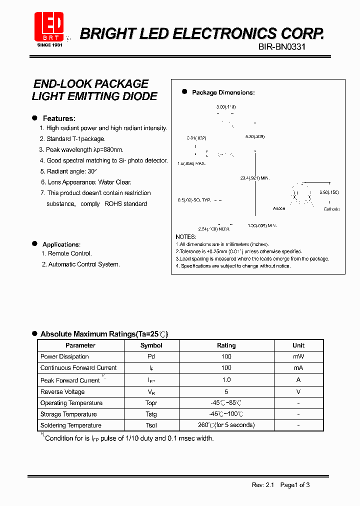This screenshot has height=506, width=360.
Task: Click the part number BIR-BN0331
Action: coord(281,46)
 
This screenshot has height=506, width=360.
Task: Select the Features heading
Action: coord(59,118)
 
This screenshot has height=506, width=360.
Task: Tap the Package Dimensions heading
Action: coord(223,92)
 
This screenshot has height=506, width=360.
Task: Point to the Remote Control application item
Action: coord(66,253)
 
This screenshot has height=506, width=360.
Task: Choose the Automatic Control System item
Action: coord(80,264)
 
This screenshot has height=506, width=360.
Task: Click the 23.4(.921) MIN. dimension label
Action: coord(255,178)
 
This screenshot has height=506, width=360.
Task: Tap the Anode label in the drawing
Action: coord(279,208)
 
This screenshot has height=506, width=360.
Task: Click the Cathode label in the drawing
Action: coord(331,209)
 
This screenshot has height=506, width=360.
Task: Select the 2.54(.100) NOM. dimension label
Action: coord(213,228)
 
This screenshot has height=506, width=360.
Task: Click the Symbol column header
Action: coord(151,345)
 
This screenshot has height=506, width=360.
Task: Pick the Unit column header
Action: coord(298,345)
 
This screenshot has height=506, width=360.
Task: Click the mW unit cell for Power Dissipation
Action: coord(298,356)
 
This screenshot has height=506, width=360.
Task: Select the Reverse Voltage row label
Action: coord(62,392)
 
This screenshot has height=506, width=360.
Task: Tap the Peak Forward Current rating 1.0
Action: coord(226,380)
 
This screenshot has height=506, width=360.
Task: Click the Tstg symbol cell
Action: coord(151,414)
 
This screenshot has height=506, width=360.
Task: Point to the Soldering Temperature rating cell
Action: coord(226,425)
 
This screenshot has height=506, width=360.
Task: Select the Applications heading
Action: coord(61,244)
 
